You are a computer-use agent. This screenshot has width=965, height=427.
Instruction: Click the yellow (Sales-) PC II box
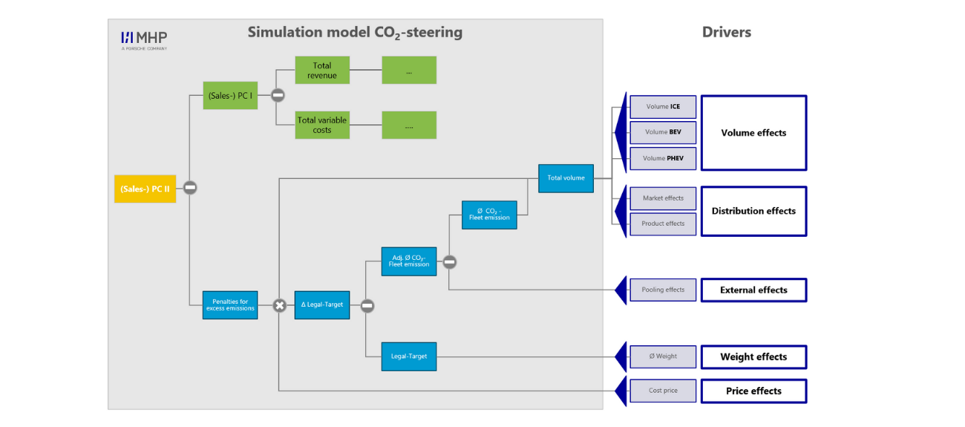(x=145, y=189)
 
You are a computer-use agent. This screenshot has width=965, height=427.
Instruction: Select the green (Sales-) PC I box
(x=230, y=96)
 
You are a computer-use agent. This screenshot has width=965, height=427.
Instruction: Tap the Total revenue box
(x=322, y=71)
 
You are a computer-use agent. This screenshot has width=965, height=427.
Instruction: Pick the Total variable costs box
(x=322, y=125)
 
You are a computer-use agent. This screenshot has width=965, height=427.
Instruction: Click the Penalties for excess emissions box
(x=230, y=305)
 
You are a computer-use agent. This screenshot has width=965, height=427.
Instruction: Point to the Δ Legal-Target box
(x=322, y=305)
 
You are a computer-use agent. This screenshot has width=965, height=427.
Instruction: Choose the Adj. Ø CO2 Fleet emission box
(x=409, y=261)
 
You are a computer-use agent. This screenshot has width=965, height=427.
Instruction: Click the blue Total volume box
(x=566, y=178)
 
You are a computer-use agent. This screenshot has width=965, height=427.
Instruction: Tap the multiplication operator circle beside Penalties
(x=280, y=305)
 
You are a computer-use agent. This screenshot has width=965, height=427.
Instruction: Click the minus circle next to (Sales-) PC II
(x=190, y=188)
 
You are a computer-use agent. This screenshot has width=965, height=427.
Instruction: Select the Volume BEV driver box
(x=663, y=132)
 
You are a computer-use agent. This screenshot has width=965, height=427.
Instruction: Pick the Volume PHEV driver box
(x=663, y=159)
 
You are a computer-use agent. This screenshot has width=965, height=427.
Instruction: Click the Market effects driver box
(x=663, y=198)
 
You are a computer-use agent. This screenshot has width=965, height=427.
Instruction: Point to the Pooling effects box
(x=663, y=290)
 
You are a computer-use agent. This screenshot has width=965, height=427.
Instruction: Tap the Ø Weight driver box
(x=663, y=356)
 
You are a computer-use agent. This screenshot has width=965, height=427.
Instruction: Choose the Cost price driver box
(x=663, y=391)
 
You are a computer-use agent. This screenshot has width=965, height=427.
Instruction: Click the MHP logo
(x=144, y=41)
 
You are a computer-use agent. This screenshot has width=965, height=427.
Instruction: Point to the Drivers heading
(x=727, y=33)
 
